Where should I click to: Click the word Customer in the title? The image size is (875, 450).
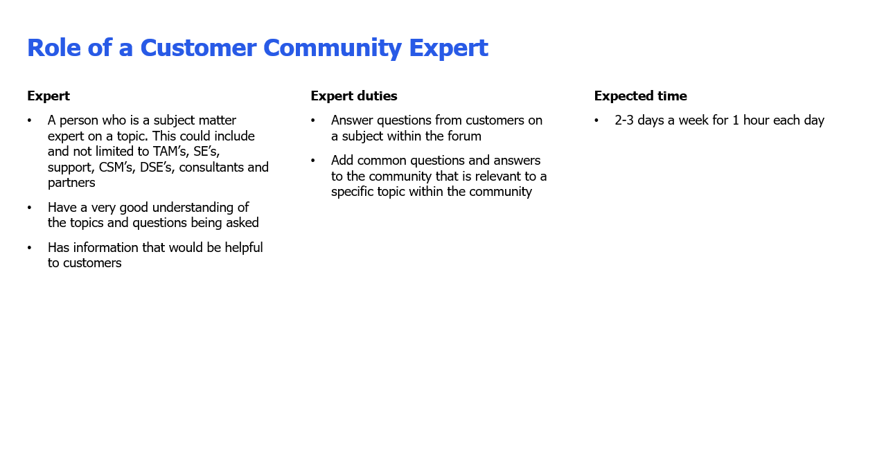click(198, 48)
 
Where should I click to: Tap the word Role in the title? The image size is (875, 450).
click(54, 48)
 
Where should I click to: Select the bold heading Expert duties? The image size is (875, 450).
click(354, 96)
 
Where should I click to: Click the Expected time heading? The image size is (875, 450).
click(641, 96)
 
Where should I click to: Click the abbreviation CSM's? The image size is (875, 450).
click(116, 167)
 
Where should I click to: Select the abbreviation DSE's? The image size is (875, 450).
click(157, 167)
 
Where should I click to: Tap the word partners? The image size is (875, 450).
click(71, 183)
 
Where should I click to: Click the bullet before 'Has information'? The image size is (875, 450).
click(29, 248)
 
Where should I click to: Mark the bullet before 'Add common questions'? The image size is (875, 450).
click(313, 161)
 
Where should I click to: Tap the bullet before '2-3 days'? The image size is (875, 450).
click(596, 120)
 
